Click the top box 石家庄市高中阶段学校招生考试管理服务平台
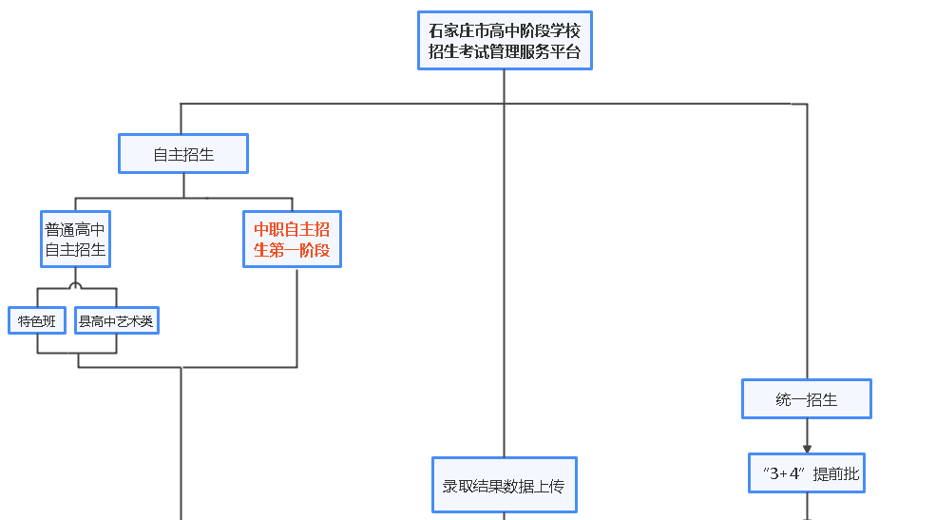coord(505,41)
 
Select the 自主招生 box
coord(183,154)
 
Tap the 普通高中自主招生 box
coord(76,240)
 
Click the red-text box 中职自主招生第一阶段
coord(292,240)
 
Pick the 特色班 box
coord(37,321)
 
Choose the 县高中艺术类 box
coord(116,321)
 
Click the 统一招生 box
coord(806,399)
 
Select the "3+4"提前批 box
coord(807,472)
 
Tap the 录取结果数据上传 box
coord(504,485)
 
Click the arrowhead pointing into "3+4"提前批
coord(807,448)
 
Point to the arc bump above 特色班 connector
coord(76,284)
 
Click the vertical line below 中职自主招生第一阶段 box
coord(296,314)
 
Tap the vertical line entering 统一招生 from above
coord(807,238)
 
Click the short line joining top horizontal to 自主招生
coord(181,118)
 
